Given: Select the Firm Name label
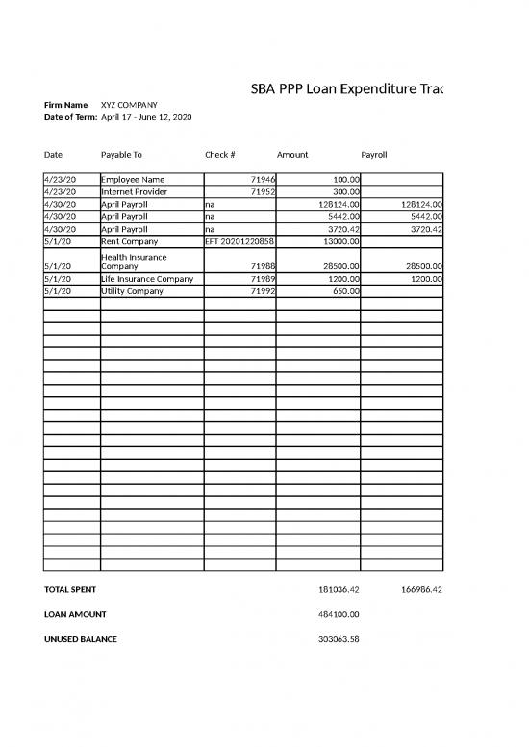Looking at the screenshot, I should pos(66,105).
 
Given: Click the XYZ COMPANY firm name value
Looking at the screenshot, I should pos(130,105).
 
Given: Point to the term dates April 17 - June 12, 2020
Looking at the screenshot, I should pos(146,117).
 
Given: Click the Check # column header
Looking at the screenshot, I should pos(220,154).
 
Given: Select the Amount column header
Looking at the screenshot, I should pos(292,154).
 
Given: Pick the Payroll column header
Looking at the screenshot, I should pos(373,154).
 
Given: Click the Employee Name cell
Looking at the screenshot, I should pos(134,179).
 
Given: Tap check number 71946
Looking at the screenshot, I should pos(263,179).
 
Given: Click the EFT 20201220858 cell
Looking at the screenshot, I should pos(239,241).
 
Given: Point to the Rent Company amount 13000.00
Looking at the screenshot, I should pos(340,241).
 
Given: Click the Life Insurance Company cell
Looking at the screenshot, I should pos(147,279).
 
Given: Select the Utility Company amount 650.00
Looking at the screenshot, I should pos(346,291).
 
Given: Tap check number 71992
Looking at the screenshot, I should pos(263,291).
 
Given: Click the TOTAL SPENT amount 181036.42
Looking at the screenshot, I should pos(338,589).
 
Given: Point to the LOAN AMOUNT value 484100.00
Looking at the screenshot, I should pos(338,614).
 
